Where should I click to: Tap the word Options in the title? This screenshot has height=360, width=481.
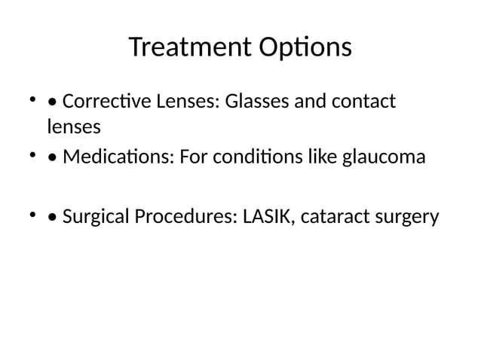[x=305, y=48]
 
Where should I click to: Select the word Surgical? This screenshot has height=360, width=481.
[x=93, y=218]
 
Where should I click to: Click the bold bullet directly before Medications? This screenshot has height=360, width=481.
[x=51, y=159]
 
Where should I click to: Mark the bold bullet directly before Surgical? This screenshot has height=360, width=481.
[x=51, y=218]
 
